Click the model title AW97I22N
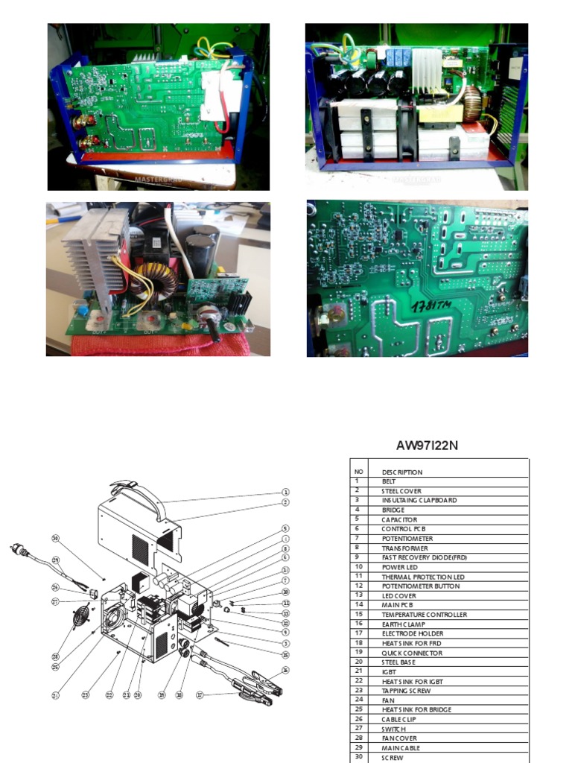(427, 446)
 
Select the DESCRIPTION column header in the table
(402, 472)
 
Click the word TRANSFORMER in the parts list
(404, 548)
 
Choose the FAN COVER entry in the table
(400, 738)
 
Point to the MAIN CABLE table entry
(401, 748)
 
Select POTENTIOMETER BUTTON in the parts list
(420, 586)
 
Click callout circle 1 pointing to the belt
(285, 493)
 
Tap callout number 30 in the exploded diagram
(55, 538)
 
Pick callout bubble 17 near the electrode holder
(199, 694)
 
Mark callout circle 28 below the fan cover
(54, 656)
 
